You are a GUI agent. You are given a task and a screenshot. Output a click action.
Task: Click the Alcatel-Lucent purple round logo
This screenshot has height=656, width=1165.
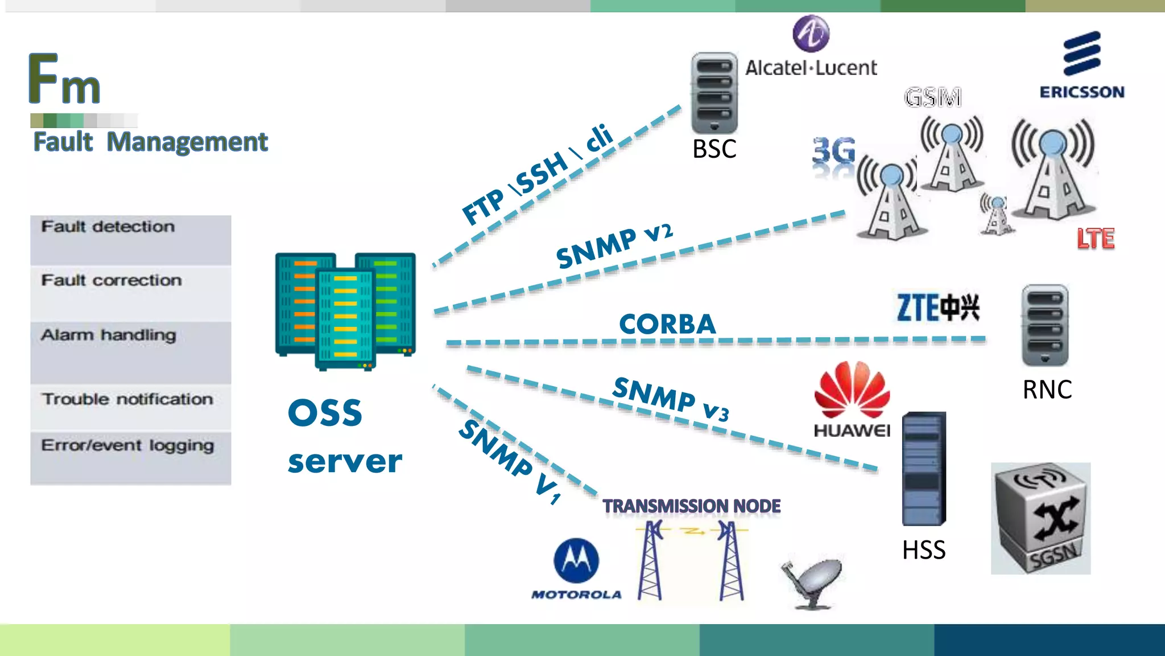(811, 34)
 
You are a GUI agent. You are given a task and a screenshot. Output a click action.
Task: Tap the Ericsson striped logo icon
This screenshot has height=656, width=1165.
(1082, 54)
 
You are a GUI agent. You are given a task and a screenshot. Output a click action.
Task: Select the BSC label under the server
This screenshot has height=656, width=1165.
(714, 149)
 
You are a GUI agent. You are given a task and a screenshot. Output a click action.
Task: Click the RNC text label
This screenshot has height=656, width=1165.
(1047, 390)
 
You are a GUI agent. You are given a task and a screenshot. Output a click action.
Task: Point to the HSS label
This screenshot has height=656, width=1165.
(924, 550)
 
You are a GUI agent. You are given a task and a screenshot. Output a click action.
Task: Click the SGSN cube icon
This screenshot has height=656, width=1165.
(1040, 518)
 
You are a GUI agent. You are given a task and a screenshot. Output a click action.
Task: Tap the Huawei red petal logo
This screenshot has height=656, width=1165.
(852, 389)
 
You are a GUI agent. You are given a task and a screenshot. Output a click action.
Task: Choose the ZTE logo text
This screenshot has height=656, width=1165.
(937, 308)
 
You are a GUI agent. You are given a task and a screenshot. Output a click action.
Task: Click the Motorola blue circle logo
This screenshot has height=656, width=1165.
(576, 561)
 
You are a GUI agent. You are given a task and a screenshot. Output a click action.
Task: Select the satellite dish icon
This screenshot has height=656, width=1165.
(812, 582)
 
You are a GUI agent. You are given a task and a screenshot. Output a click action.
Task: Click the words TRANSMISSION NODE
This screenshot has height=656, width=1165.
(691, 506)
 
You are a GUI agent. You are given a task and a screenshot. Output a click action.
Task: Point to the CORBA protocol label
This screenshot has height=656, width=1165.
(667, 324)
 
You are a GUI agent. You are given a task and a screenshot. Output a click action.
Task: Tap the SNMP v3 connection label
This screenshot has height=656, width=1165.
(671, 399)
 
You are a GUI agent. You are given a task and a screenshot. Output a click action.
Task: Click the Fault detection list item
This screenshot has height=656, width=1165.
(108, 227)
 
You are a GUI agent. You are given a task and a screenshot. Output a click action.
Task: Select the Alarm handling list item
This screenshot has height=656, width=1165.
(109, 335)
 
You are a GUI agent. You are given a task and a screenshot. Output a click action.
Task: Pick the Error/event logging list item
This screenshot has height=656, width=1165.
(127, 445)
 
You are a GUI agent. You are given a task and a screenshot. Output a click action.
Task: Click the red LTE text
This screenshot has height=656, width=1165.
(1095, 239)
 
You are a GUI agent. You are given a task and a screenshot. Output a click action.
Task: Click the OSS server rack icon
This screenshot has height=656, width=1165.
(345, 311)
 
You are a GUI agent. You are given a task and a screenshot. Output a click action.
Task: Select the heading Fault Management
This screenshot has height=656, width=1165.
(150, 142)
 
